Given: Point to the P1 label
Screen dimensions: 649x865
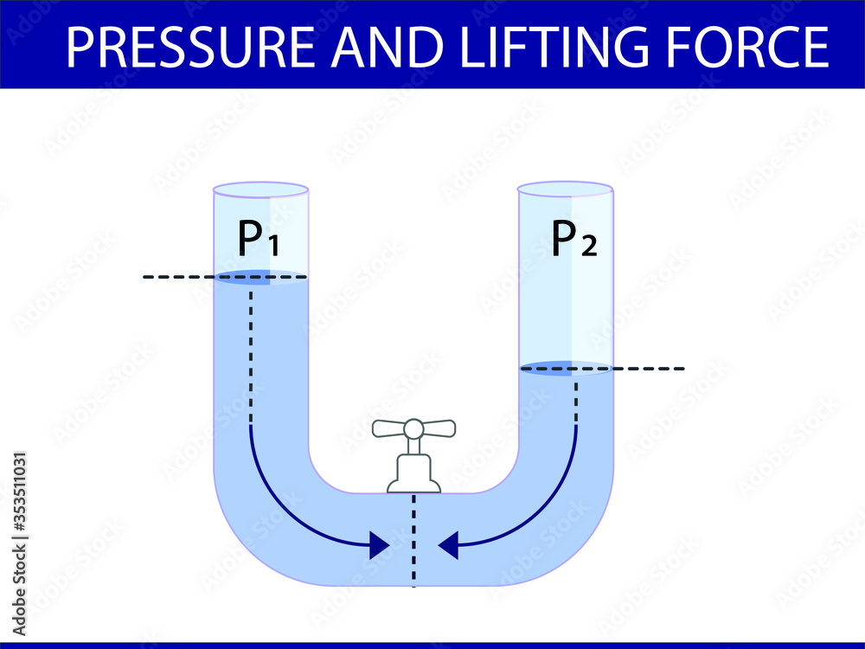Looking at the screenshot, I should [x=258, y=240].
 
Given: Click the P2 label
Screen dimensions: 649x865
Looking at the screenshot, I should [x=573, y=240].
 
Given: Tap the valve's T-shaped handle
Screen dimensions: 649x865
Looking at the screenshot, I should [x=413, y=427].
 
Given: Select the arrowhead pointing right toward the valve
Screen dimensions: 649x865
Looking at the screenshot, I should [x=378, y=545].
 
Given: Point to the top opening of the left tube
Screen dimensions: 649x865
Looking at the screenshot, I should [x=260, y=189].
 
